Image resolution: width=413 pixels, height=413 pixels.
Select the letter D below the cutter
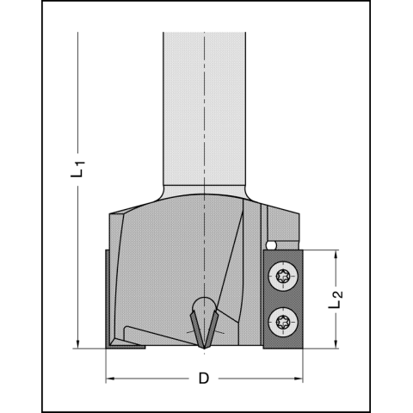click(203, 379)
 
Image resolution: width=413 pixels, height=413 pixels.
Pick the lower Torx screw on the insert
click(283, 324)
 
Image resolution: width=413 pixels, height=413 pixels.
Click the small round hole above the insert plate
click(272, 246)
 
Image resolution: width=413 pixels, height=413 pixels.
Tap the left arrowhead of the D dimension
click(110, 379)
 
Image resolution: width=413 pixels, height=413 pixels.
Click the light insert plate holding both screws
click(283, 299)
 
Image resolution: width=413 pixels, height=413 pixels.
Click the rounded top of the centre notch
click(204, 304)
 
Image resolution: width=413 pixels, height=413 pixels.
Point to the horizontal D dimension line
click(155, 379)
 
